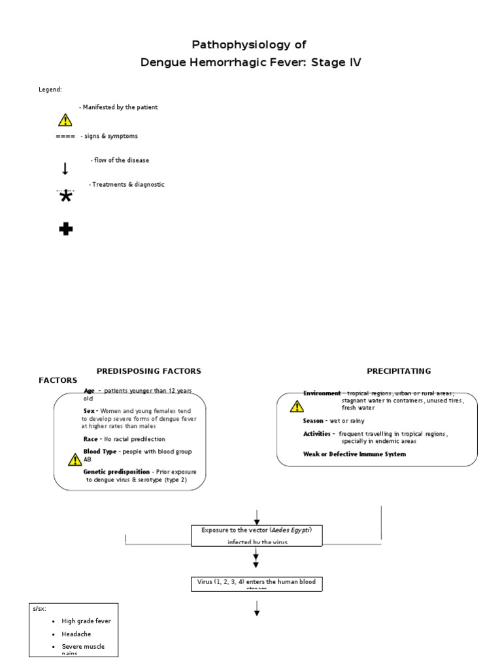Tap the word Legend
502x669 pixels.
pyautogui.click(x=50, y=90)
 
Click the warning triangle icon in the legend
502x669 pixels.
pyautogui.click(x=65, y=120)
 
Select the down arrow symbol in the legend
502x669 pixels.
pyautogui.click(x=65, y=169)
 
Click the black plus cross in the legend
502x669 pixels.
pyautogui.click(x=65, y=229)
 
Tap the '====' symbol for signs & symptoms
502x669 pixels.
pyautogui.click(x=65, y=137)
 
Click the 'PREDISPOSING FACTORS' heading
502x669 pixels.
pyautogui.click(x=149, y=371)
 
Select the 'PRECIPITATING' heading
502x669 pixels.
pyautogui.click(x=399, y=371)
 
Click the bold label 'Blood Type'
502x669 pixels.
pyautogui.click(x=100, y=452)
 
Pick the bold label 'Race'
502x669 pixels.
pyautogui.click(x=91, y=439)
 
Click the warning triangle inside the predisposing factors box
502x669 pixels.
pyautogui.click(x=75, y=459)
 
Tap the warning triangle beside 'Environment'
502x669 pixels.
pyautogui.click(x=297, y=406)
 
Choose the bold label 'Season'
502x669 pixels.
pyautogui.click(x=314, y=421)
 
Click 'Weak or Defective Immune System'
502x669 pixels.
pyautogui.click(x=354, y=454)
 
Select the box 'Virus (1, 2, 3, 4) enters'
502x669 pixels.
pyautogui.click(x=256, y=582)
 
